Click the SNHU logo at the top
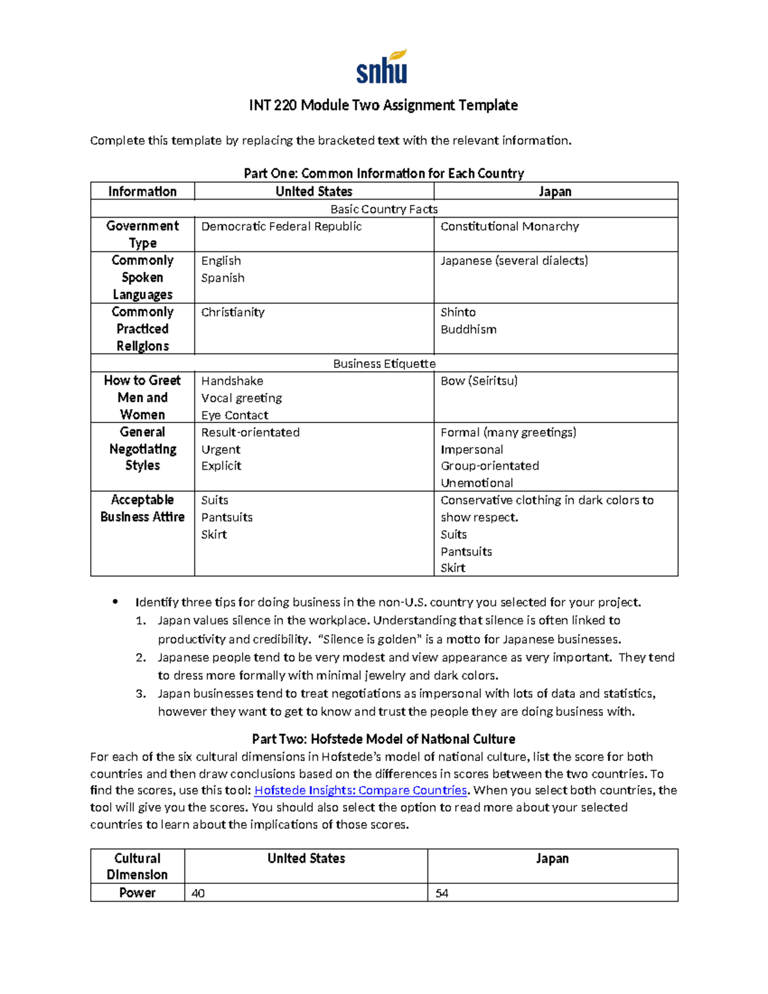point(382,67)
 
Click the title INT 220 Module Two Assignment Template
point(383,105)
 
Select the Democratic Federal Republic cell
point(281,227)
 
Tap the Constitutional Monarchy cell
point(509,227)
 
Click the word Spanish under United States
point(223,278)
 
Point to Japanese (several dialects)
point(514,261)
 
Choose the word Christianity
point(232,312)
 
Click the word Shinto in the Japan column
point(458,312)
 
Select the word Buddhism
point(468,330)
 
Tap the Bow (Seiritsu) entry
point(479,381)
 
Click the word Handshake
point(232,381)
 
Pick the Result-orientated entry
point(250,433)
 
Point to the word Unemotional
point(477,483)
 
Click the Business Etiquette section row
point(384,364)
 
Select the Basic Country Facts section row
point(384,209)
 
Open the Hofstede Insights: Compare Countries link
point(361,790)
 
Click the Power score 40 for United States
point(198,893)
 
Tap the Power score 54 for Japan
point(442,893)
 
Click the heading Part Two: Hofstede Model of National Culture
point(383,739)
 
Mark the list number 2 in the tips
point(141,657)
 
